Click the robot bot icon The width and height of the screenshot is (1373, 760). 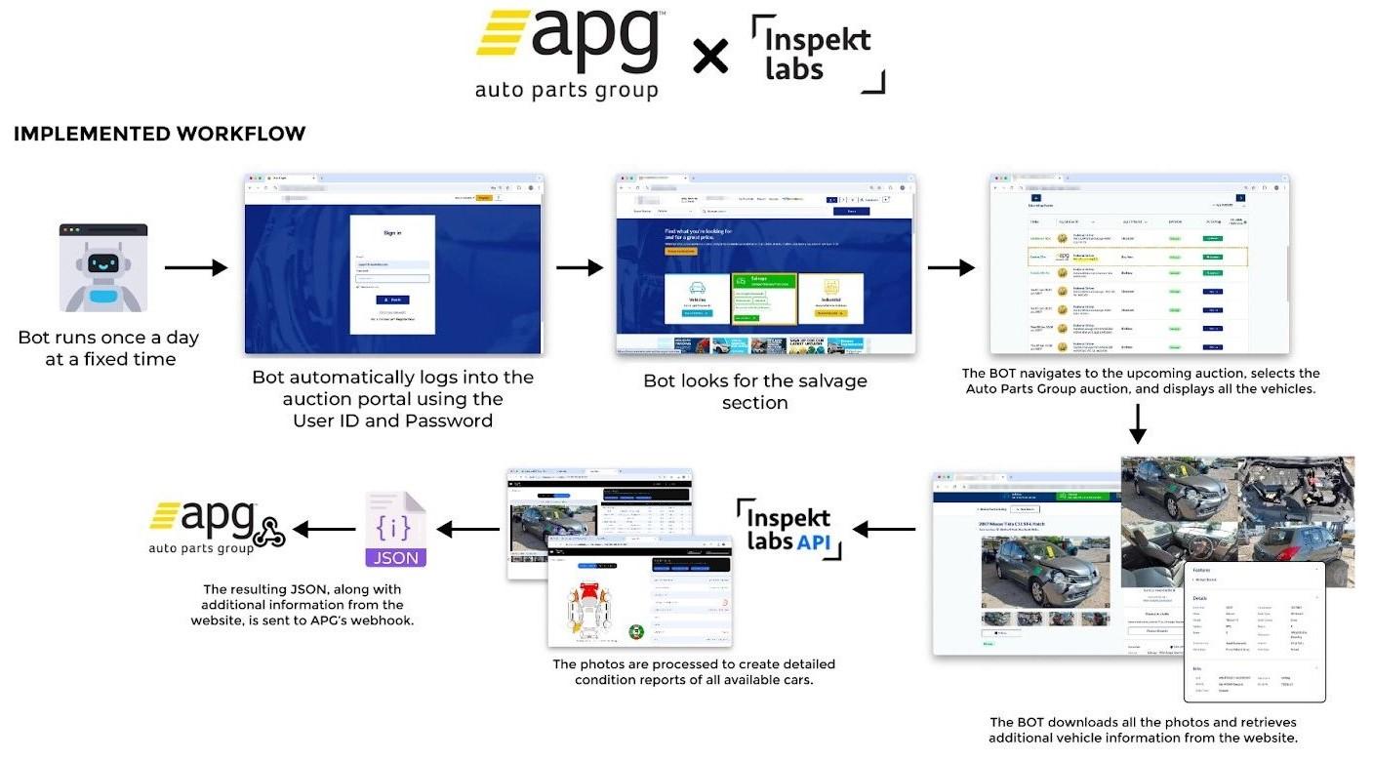103,268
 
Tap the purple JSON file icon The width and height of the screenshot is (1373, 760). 395,530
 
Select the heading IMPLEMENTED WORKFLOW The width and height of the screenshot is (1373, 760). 159,134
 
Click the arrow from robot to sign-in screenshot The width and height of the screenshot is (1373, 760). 195,267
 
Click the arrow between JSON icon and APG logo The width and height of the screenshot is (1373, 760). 323,530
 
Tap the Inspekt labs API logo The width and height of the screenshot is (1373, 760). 787,528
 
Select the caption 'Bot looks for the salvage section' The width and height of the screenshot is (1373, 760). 754,391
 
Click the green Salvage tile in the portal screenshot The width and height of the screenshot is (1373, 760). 764,298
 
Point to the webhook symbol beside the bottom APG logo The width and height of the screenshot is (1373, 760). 269,530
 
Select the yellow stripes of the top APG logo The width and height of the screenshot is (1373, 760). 502,33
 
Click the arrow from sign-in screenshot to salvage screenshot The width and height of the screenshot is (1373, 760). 580,267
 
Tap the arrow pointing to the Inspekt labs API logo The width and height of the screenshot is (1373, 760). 884,530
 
